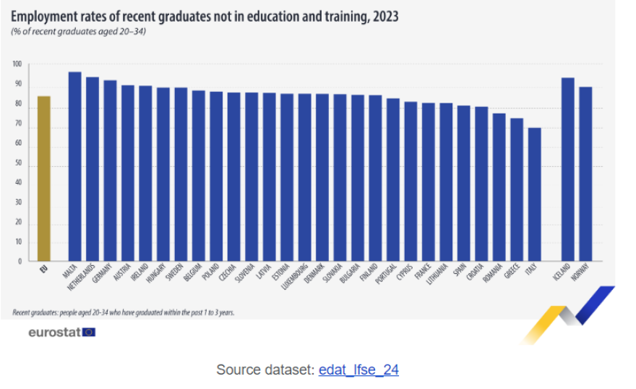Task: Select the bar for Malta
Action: pyautogui.click(x=74, y=166)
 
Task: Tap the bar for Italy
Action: pyautogui.click(x=534, y=194)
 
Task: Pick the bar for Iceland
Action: pyautogui.click(x=568, y=169)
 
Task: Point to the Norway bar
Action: pyautogui.click(x=585, y=174)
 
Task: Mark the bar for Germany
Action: pyautogui.click(x=110, y=171)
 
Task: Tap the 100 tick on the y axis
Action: pyautogui.click(x=17, y=65)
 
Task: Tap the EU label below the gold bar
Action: pyautogui.click(x=44, y=268)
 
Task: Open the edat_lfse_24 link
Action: pyautogui.click(x=358, y=369)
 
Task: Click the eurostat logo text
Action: pyautogui.click(x=54, y=333)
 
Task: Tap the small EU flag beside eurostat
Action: pyautogui.click(x=89, y=333)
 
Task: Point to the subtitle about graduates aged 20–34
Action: pyautogui.click(x=79, y=32)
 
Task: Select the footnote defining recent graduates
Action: pyautogui.click(x=123, y=312)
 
